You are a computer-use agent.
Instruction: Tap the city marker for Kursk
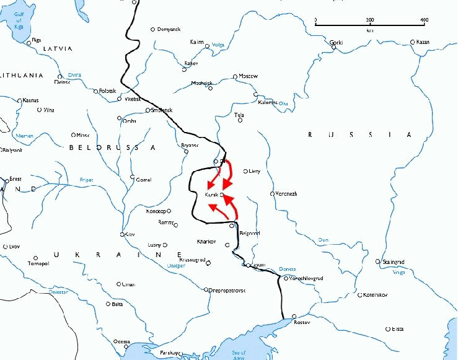(221, 195)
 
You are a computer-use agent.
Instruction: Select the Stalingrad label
(394, 261)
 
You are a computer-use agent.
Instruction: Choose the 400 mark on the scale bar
(424, 20)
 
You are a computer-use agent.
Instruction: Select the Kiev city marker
(122, 234)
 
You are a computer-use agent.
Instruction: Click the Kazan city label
(423, 42)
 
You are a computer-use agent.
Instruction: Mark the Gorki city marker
(333, 48)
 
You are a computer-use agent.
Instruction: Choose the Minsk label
(82, 134)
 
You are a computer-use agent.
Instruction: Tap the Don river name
(322, 240)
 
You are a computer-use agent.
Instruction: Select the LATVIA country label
(56, 48)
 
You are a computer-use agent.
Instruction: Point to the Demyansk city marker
(153, 29)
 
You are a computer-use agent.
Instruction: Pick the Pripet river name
(86, 180)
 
